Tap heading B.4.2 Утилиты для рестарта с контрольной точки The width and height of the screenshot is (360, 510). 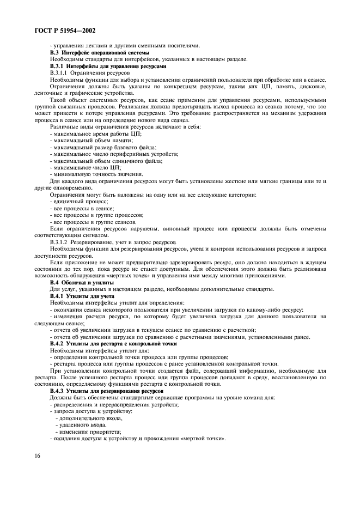[113, 344]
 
